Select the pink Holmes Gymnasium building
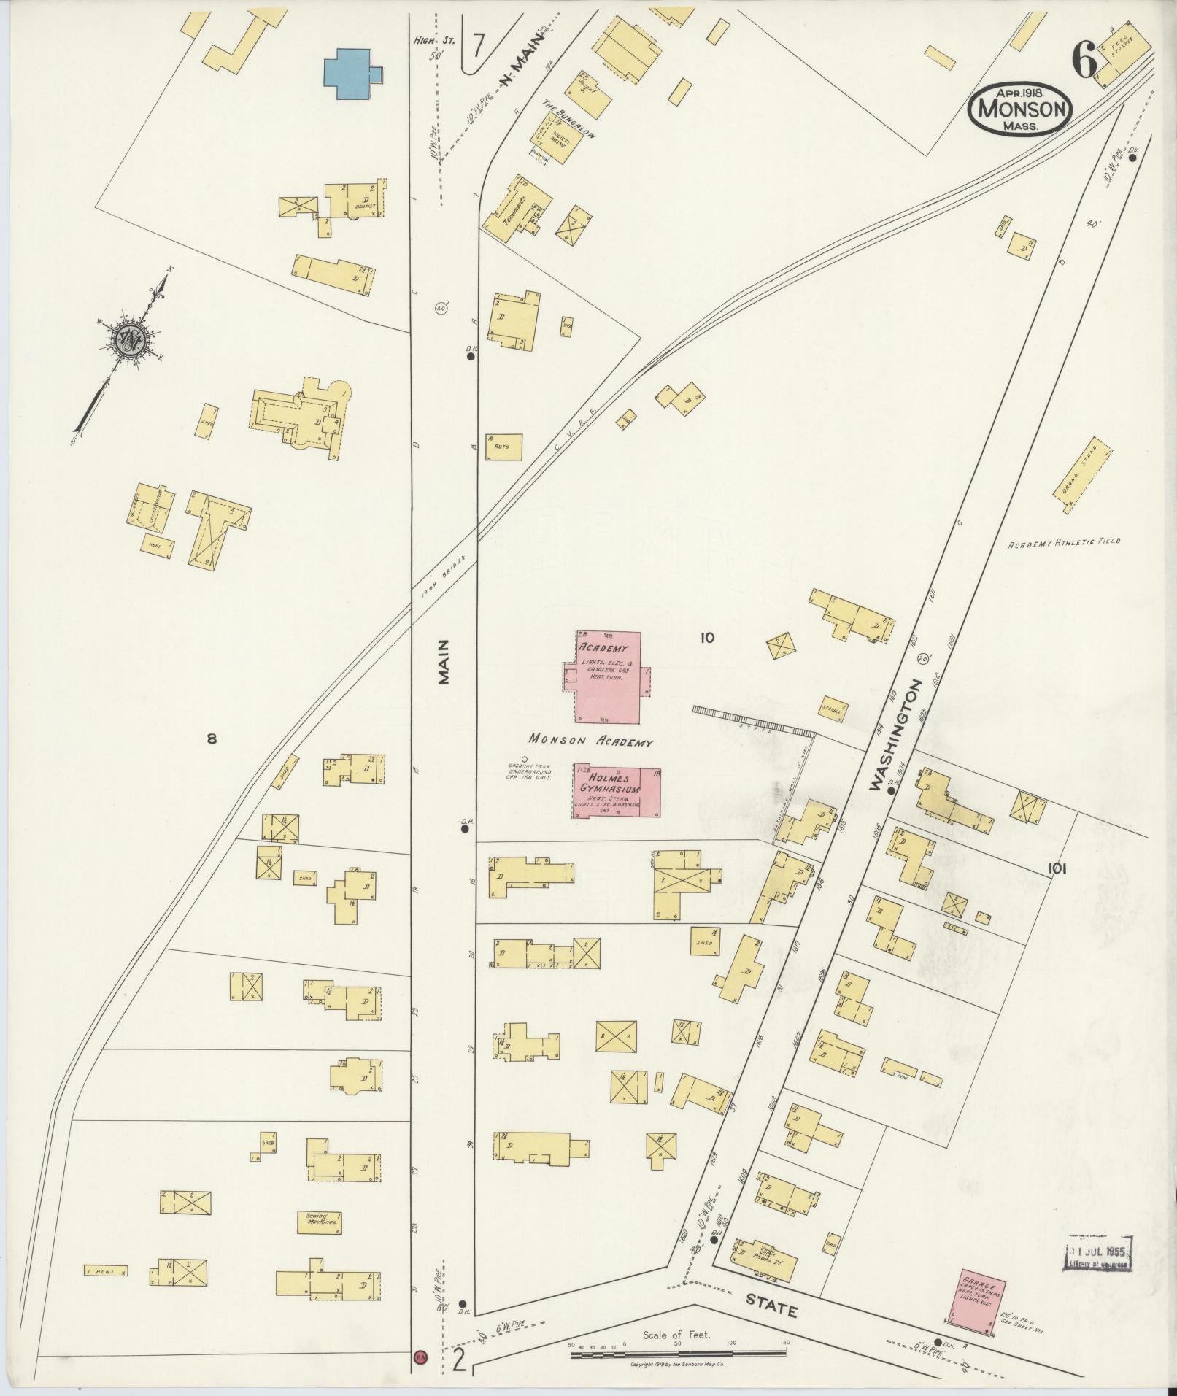[617, 791]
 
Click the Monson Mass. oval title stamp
[1021, 108]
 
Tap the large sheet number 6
[1085, 60]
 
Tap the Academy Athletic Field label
[1063, 543]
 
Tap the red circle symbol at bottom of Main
[420, 1357]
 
